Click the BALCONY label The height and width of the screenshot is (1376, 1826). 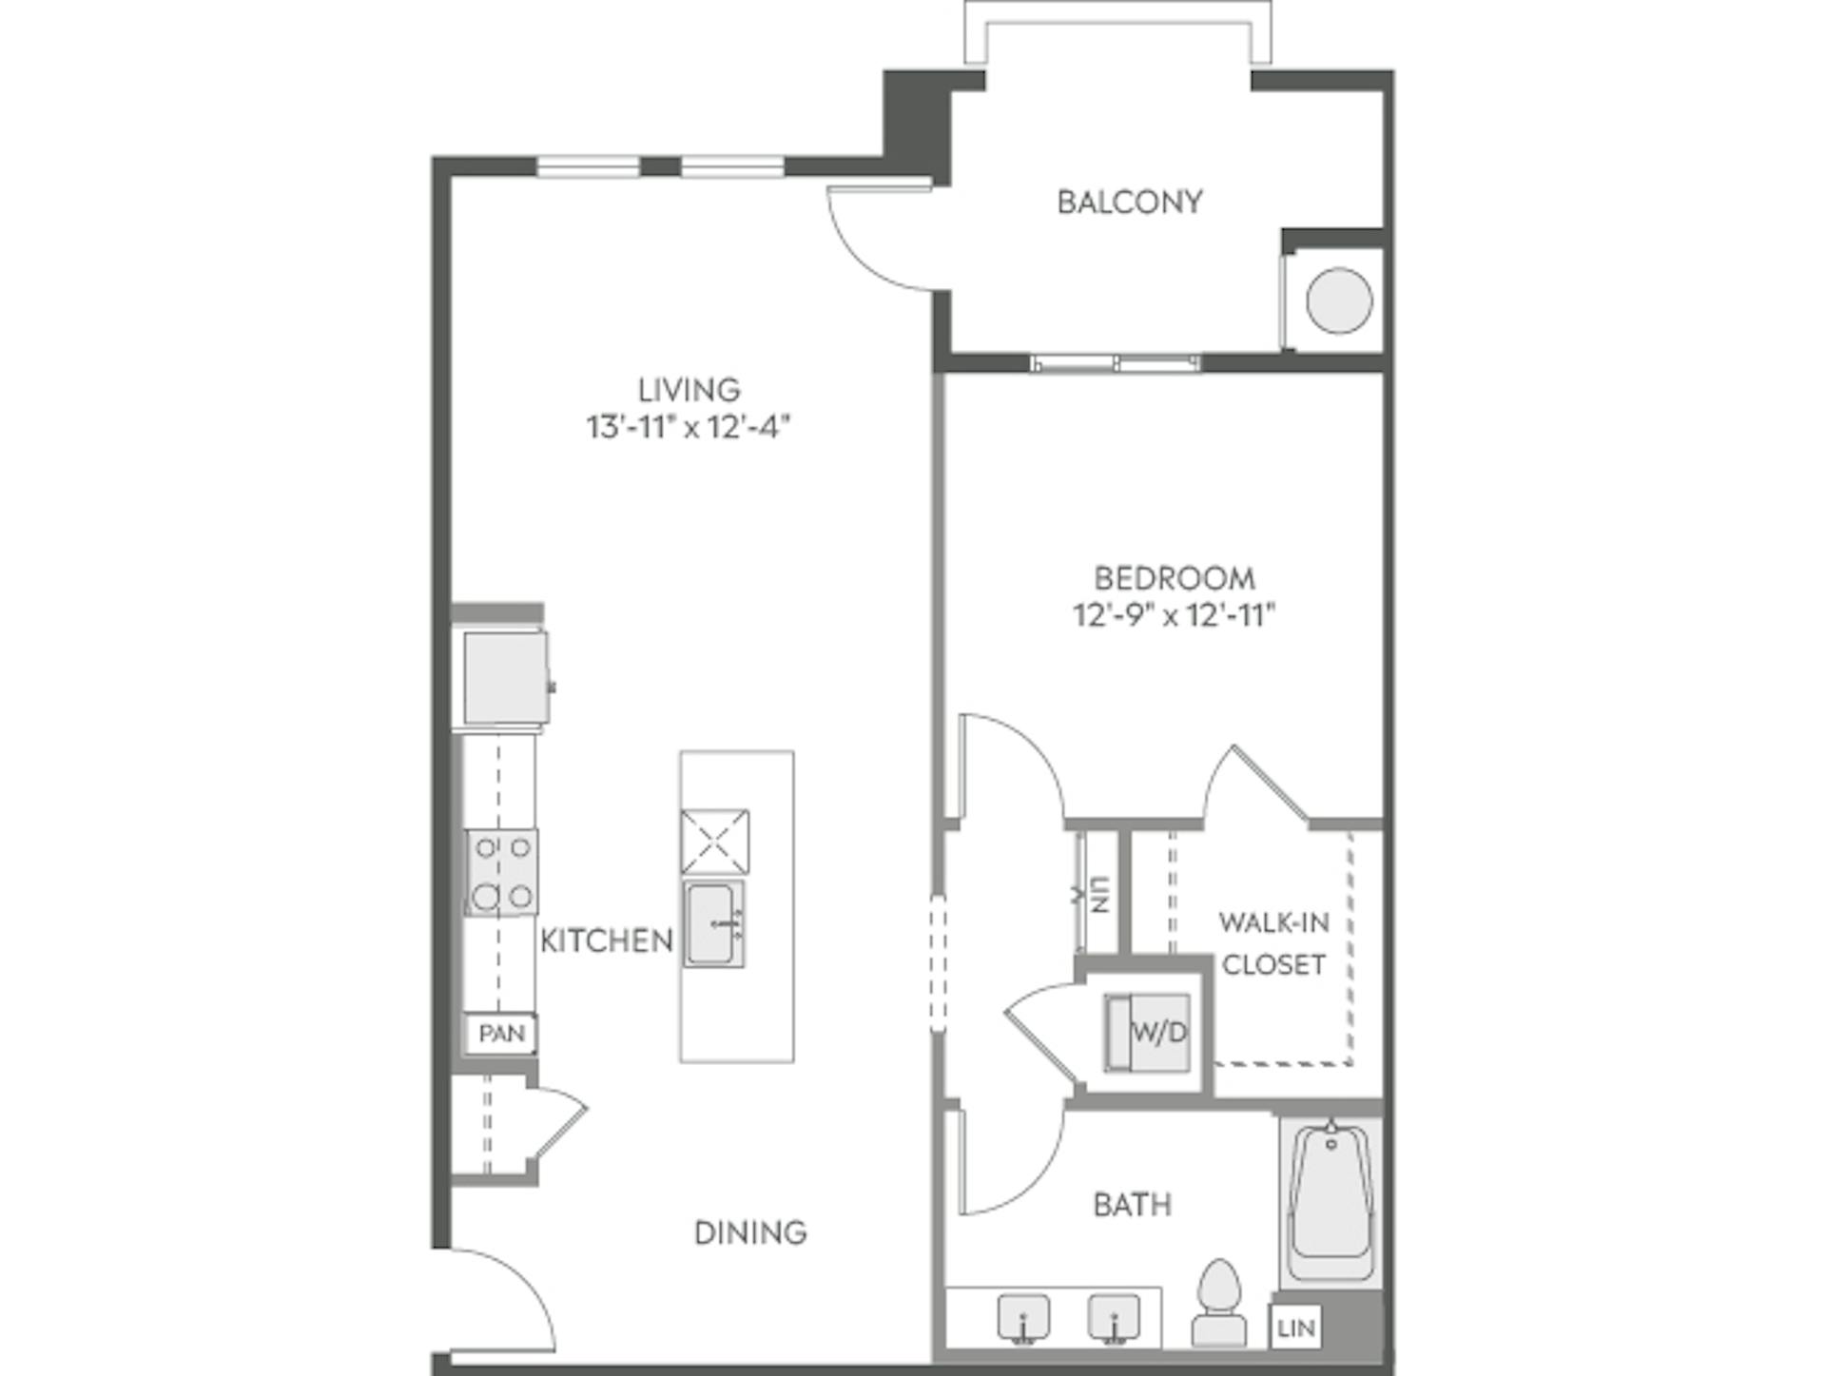[x=1129, y=202]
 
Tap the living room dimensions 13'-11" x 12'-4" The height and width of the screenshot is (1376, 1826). [x=689, y=427]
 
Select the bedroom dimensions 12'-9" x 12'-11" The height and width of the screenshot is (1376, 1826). [x=1174, y=615]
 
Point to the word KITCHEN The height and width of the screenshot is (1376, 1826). [x=606, y=940]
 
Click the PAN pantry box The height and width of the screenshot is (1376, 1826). [x=501, y=1034]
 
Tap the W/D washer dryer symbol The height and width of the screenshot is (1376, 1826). [x=1148, y=1032]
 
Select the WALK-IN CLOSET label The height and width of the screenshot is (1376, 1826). [x=1272, y=943]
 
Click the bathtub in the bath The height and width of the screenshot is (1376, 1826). [x=1330, y=1202]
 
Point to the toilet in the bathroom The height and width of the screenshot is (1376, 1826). [x=1218, y=1305]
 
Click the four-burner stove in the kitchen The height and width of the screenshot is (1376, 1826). [x=501, y=872]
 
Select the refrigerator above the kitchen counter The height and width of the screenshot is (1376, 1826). [x=505, y=678]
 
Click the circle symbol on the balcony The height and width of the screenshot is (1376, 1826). [x=1338, y=300]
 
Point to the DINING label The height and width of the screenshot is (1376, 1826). [x=750, y=1232]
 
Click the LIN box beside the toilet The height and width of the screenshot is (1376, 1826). [x=1295, y=1328]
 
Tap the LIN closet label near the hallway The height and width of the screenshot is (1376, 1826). [x=1098, y=895]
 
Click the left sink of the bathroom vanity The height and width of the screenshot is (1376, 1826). [x=1023, y=1318]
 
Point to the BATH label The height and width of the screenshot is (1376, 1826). [x=1132, y=1205]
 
